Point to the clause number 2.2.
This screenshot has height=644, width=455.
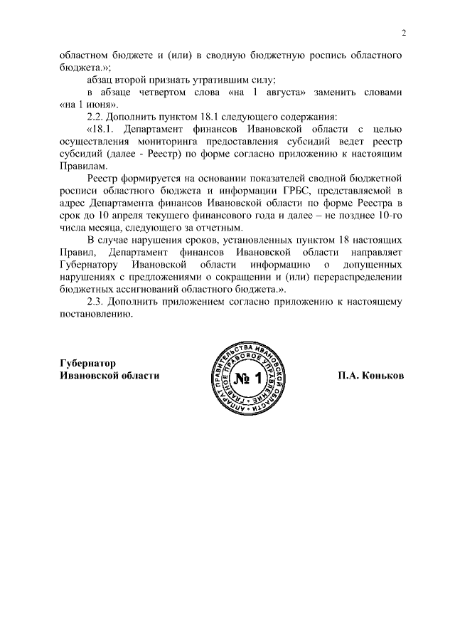96,116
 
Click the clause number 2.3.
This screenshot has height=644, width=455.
96,301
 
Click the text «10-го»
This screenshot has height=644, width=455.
389,216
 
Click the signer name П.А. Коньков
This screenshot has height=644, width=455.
370,376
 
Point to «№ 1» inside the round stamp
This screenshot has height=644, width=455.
248,377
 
